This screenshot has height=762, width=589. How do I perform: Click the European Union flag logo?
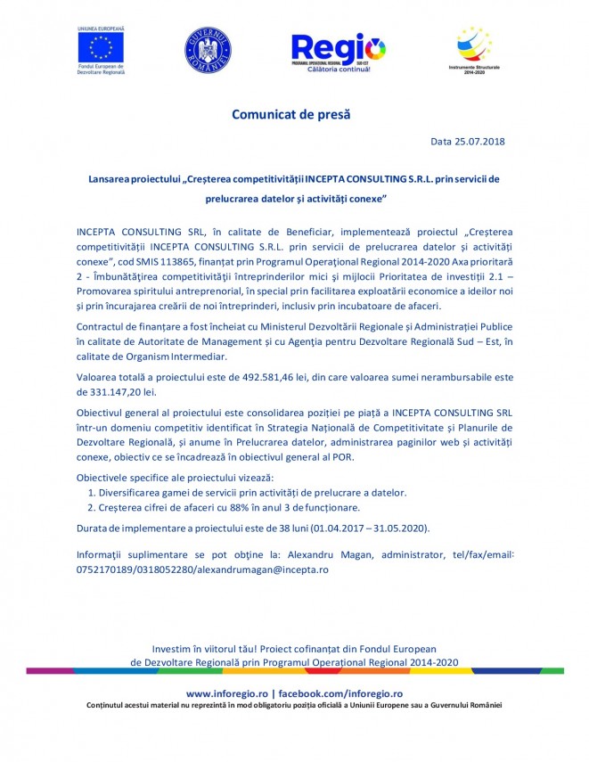(x=100, y=46)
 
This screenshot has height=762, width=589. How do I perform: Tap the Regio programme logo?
(x=339, y=52)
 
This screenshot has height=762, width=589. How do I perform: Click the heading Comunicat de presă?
(x=291, y=114)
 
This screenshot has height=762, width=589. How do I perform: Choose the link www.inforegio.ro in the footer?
(x=227, y=692)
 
